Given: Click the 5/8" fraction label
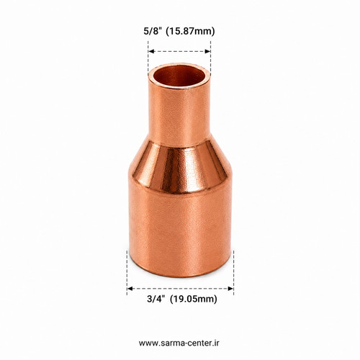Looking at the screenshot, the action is pos(152,31).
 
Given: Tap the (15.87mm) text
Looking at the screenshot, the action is pos(190,32).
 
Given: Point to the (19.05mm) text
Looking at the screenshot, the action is pos(194,300).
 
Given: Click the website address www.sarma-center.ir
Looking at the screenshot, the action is pos(179,343).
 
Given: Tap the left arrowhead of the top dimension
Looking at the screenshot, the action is pos(151,51).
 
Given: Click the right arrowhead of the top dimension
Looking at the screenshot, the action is pos(207,51).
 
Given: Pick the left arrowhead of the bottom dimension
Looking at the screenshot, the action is pos(130,289).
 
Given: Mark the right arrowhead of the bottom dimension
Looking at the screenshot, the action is pos(230,289).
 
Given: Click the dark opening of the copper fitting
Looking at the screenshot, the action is pos(179,76).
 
